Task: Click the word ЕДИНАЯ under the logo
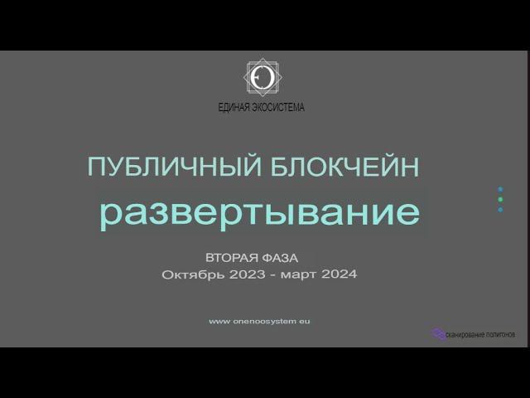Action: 237,107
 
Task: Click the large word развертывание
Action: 259,213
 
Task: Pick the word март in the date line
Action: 298,274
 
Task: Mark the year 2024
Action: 340,274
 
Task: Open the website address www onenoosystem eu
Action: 260,321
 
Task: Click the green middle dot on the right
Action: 500,200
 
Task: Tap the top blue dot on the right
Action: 500,190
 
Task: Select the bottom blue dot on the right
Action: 500,210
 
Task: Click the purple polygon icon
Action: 438,334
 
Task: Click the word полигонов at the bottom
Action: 501,335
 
